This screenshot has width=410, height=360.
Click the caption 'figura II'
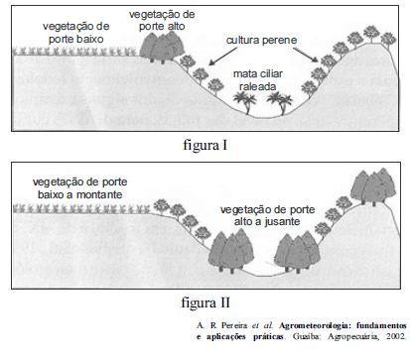coord(205,300)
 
